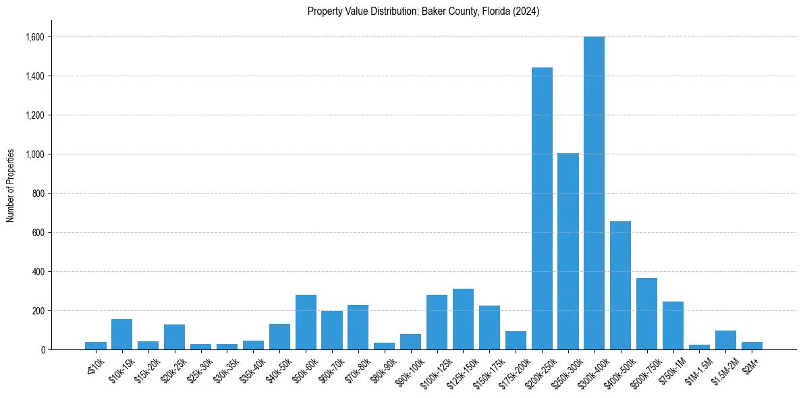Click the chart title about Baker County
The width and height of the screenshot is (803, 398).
point(423,11)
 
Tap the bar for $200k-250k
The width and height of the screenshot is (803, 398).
point(542,209)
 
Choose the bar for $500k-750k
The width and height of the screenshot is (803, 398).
point(646,314)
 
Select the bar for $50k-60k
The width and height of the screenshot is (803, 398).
point(306,322)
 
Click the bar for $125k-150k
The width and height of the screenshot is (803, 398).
point(463,319)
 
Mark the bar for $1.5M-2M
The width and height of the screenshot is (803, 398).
point(725,340)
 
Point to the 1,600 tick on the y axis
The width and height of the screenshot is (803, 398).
point(34,37)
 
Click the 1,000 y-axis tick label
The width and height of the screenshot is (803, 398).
point(34,154)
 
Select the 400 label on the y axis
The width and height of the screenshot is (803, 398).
point(38,272)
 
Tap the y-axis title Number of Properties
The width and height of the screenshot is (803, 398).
point(11,186)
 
